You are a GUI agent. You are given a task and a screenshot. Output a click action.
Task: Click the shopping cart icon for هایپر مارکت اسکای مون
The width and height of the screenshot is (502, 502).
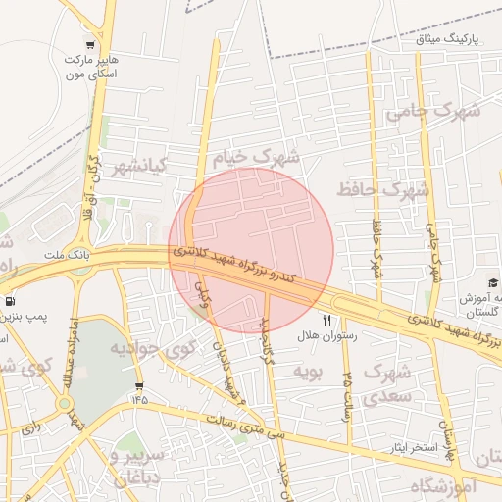90,44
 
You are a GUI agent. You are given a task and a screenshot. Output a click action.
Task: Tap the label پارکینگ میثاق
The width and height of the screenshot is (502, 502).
452,39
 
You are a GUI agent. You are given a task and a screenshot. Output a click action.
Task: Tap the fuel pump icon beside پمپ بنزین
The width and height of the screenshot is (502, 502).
10,301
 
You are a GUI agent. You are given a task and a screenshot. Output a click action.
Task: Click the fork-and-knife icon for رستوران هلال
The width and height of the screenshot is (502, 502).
327,320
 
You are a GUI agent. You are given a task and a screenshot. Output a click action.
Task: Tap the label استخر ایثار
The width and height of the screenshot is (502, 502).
393,447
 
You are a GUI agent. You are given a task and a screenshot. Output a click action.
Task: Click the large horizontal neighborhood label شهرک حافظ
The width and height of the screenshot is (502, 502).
382,187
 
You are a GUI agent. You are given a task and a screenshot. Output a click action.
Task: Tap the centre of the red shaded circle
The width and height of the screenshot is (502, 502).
251,250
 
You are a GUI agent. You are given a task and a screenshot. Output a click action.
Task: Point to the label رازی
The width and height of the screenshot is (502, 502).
28,427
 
